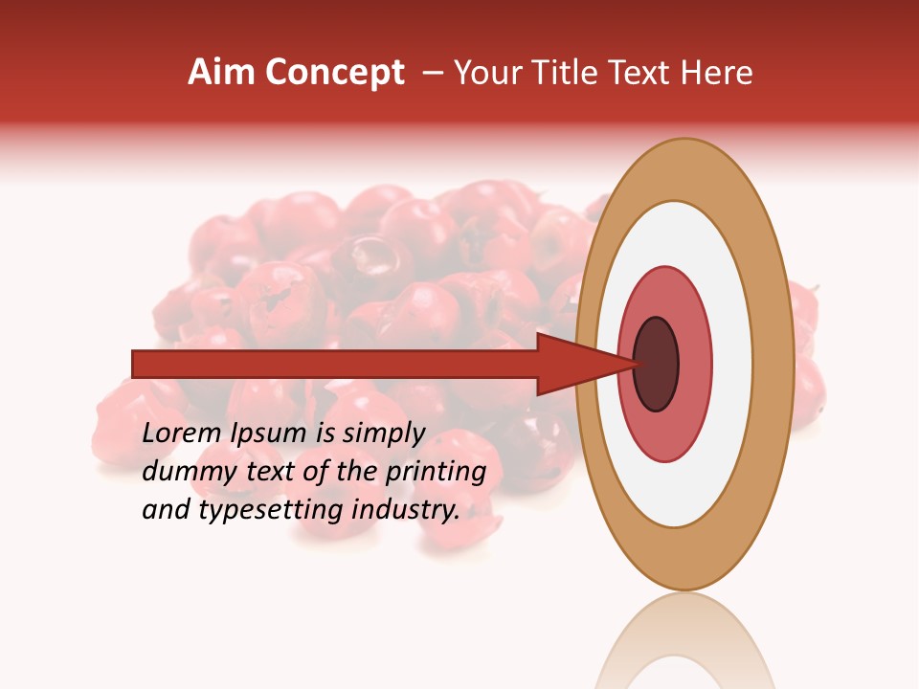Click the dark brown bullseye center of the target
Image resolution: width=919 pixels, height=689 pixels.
coord(656,365)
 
